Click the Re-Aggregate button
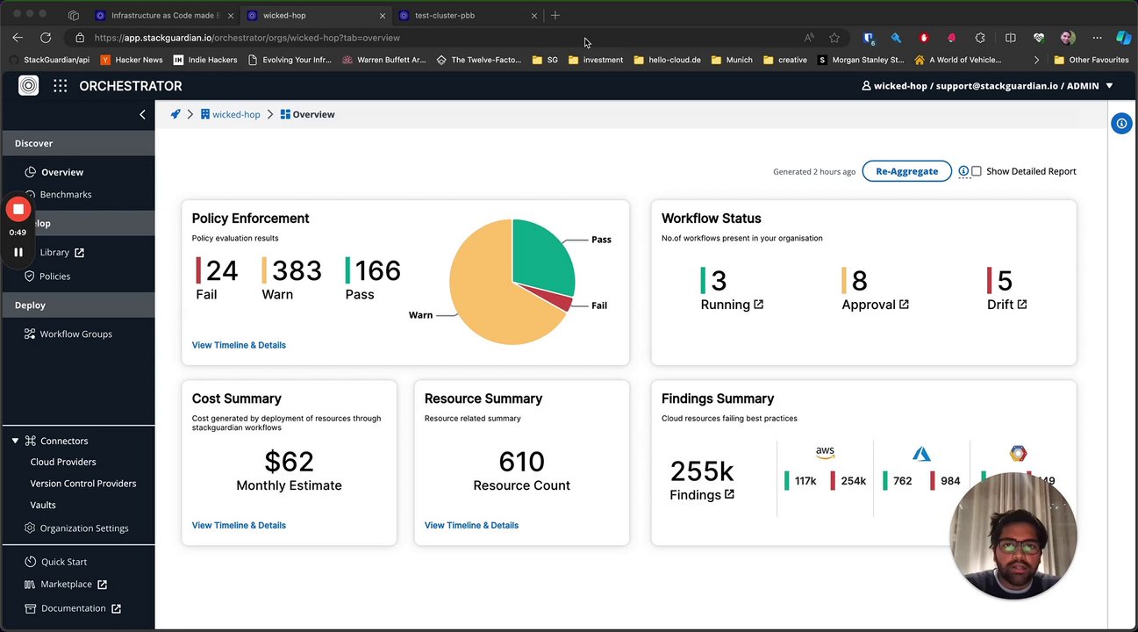click(906, 171)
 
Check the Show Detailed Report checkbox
click(977, 171)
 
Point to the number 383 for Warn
click(297, 270)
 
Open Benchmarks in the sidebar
click(66, 195)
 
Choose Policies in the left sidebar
click(54, 276)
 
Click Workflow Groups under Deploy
click(75, 334)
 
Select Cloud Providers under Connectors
click(63, 463)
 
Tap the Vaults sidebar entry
click(43, 506)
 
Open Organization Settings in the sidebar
click(83, 528)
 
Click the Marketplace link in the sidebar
click(66, 585)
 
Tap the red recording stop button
click(18, 209)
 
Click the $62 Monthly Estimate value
click(289, 462)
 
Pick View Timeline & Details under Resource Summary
click(471, 526)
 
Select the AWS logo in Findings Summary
click(825, 452)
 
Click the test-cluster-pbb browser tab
click(445, 16)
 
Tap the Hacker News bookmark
click(139, 61)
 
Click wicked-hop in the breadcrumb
click(236, 115)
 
